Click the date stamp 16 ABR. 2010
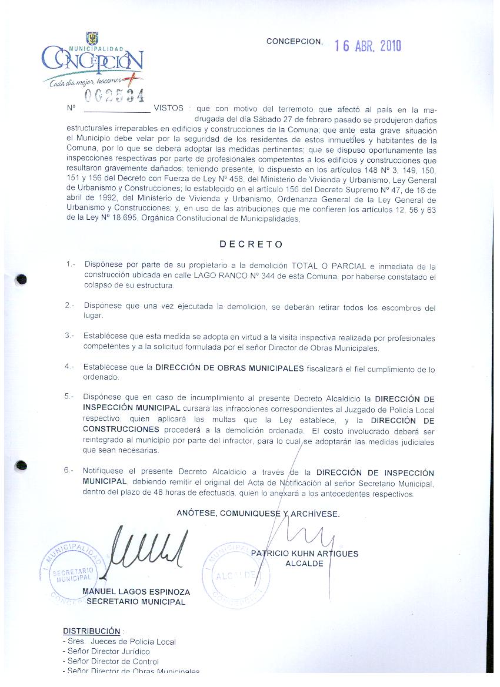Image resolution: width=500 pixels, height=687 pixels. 368,46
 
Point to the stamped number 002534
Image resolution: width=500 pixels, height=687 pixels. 115,95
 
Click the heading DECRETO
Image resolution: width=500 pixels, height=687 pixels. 251,244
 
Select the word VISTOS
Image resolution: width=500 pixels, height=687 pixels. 168,109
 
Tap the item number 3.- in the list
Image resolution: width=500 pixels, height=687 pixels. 70,335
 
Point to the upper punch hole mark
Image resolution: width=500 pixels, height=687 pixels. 22,279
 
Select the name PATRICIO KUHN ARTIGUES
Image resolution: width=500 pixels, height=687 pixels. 304,554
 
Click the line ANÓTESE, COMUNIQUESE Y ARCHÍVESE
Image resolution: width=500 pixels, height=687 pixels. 258,514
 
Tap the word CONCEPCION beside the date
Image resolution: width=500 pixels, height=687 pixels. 294,41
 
